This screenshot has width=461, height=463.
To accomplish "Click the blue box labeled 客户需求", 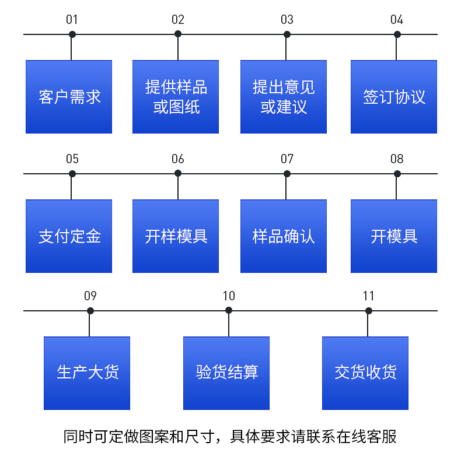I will coord(69,97).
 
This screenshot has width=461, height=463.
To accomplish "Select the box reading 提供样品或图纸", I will coord(176,97).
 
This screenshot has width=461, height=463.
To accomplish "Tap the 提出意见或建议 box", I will coord(284,97).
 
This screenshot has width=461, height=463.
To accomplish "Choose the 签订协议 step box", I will coord(394,97).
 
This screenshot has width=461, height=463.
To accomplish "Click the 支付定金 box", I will coord(69,236).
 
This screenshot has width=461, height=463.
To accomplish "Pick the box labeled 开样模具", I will coord(176,236).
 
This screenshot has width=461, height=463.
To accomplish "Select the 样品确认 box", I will coord(284,236).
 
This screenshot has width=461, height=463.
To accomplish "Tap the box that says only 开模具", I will coord(394,236).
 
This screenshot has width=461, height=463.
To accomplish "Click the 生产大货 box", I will coord(87,373).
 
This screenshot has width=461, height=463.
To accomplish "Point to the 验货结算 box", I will coord(226,373).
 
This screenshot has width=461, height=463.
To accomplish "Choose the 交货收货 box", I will coord(365,373).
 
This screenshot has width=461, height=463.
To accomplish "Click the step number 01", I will coord(72,20).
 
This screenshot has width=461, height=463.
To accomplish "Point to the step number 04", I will coord(397,20).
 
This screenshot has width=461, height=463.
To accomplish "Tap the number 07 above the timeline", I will coord(287,159).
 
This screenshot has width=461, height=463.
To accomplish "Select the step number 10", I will coord(229,296).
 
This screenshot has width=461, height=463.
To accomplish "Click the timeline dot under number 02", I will coord(178,34).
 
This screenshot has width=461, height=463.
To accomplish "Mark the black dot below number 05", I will coord(72,174).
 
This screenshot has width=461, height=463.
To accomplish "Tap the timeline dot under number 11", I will coord(368,311).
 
